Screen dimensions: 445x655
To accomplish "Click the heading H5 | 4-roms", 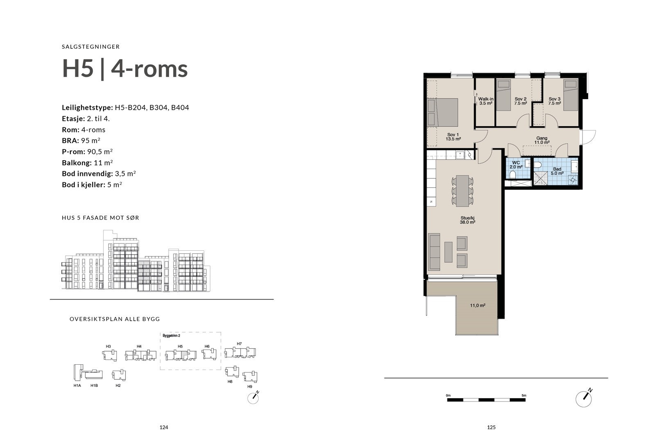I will pos(125,68).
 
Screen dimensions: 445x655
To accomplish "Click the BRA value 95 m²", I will pos(90,141).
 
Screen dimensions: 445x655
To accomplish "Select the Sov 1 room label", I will pos(453,136).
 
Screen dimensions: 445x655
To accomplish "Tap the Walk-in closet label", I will pos(486,101).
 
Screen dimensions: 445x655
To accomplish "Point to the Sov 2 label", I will pos(520,101).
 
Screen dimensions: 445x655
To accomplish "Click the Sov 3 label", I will pos(554,101).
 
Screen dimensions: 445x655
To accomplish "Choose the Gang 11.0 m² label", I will pos(542,140).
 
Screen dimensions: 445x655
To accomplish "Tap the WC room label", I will pos(516,165).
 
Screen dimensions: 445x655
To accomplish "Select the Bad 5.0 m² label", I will pos(557,171).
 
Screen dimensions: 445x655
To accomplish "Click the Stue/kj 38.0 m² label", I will pos(468,220).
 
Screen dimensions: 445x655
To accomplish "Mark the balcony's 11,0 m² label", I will pos(477,305).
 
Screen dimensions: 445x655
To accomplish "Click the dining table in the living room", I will pos(463,191).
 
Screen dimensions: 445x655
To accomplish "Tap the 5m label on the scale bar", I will pos(524,395).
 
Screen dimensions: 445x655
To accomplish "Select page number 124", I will pos(164,427).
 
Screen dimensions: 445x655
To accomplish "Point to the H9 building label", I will pos(250,386).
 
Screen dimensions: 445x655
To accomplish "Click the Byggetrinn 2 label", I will pos(172,336).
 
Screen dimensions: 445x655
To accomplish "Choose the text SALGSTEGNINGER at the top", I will pos(91,47).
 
